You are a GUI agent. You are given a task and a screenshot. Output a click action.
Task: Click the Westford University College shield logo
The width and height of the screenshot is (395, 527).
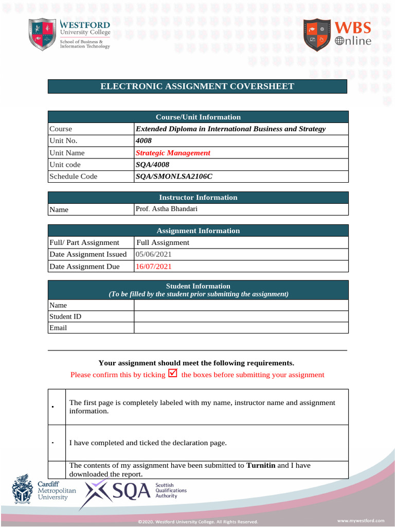[42, 34]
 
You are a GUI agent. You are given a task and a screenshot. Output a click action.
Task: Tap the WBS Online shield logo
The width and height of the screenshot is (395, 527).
[317, 35]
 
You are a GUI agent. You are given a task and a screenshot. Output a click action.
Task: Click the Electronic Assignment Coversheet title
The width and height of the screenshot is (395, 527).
[197, 86]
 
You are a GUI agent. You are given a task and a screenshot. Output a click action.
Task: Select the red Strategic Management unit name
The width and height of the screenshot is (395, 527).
[173, 153]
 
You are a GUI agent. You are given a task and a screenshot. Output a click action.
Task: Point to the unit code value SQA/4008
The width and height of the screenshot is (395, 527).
[152, 165]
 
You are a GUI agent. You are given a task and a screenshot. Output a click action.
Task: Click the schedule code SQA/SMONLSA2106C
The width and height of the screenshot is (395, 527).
[173, 177]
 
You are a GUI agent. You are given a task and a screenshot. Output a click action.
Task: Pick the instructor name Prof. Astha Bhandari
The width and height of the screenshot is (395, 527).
[166, 209]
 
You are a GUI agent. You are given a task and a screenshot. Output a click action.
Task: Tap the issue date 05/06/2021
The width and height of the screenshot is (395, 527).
[154, 254]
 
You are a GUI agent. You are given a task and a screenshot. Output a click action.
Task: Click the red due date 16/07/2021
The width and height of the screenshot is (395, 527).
[154, 267]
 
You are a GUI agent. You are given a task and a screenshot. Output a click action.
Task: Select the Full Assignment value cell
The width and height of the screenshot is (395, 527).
[163, 242]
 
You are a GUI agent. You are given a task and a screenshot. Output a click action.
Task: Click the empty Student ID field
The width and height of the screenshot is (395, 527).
[241, 317]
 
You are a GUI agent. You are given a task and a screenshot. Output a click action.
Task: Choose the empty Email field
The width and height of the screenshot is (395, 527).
[241, 328]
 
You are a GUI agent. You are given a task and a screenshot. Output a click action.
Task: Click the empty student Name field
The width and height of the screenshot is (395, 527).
[241, 305]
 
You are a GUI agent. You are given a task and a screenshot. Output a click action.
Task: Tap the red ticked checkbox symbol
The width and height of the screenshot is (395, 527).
[173, 374]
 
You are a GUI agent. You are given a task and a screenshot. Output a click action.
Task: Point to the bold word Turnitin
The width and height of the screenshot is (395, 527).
[261, 465]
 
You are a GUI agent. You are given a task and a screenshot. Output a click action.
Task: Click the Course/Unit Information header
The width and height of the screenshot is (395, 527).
[198, 117]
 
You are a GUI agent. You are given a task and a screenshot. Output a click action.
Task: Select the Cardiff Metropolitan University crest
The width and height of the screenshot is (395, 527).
[21, 490]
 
